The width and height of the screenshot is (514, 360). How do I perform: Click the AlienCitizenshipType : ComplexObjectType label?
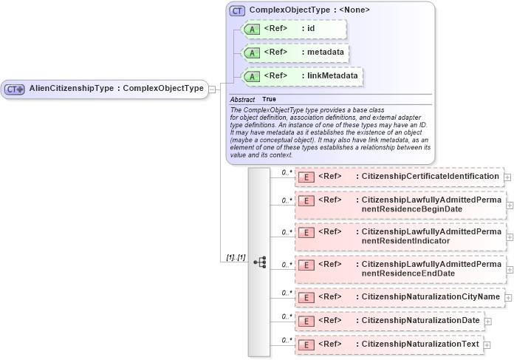click(x=116, y=89)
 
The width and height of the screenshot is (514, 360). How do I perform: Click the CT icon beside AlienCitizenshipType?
click(x=15, y=89)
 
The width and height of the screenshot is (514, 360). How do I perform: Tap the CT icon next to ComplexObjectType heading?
click(x=237, y=10)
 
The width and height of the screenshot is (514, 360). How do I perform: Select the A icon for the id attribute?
click(x=252, y=30)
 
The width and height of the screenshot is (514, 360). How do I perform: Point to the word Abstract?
click(x=242, y=99)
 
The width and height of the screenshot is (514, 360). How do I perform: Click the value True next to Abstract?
click(x=270, y=99)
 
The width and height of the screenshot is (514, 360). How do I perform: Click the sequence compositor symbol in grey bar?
click(x=259, y=262)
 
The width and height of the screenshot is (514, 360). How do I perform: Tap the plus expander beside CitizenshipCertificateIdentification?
click(x=507, y=177)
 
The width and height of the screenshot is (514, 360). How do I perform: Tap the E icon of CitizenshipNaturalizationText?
click(x=305, y=345)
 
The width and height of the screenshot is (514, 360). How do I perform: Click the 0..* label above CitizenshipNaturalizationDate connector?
click(x=287, y=316)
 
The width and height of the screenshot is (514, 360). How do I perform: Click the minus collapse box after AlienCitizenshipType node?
click(x=212, y=89)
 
